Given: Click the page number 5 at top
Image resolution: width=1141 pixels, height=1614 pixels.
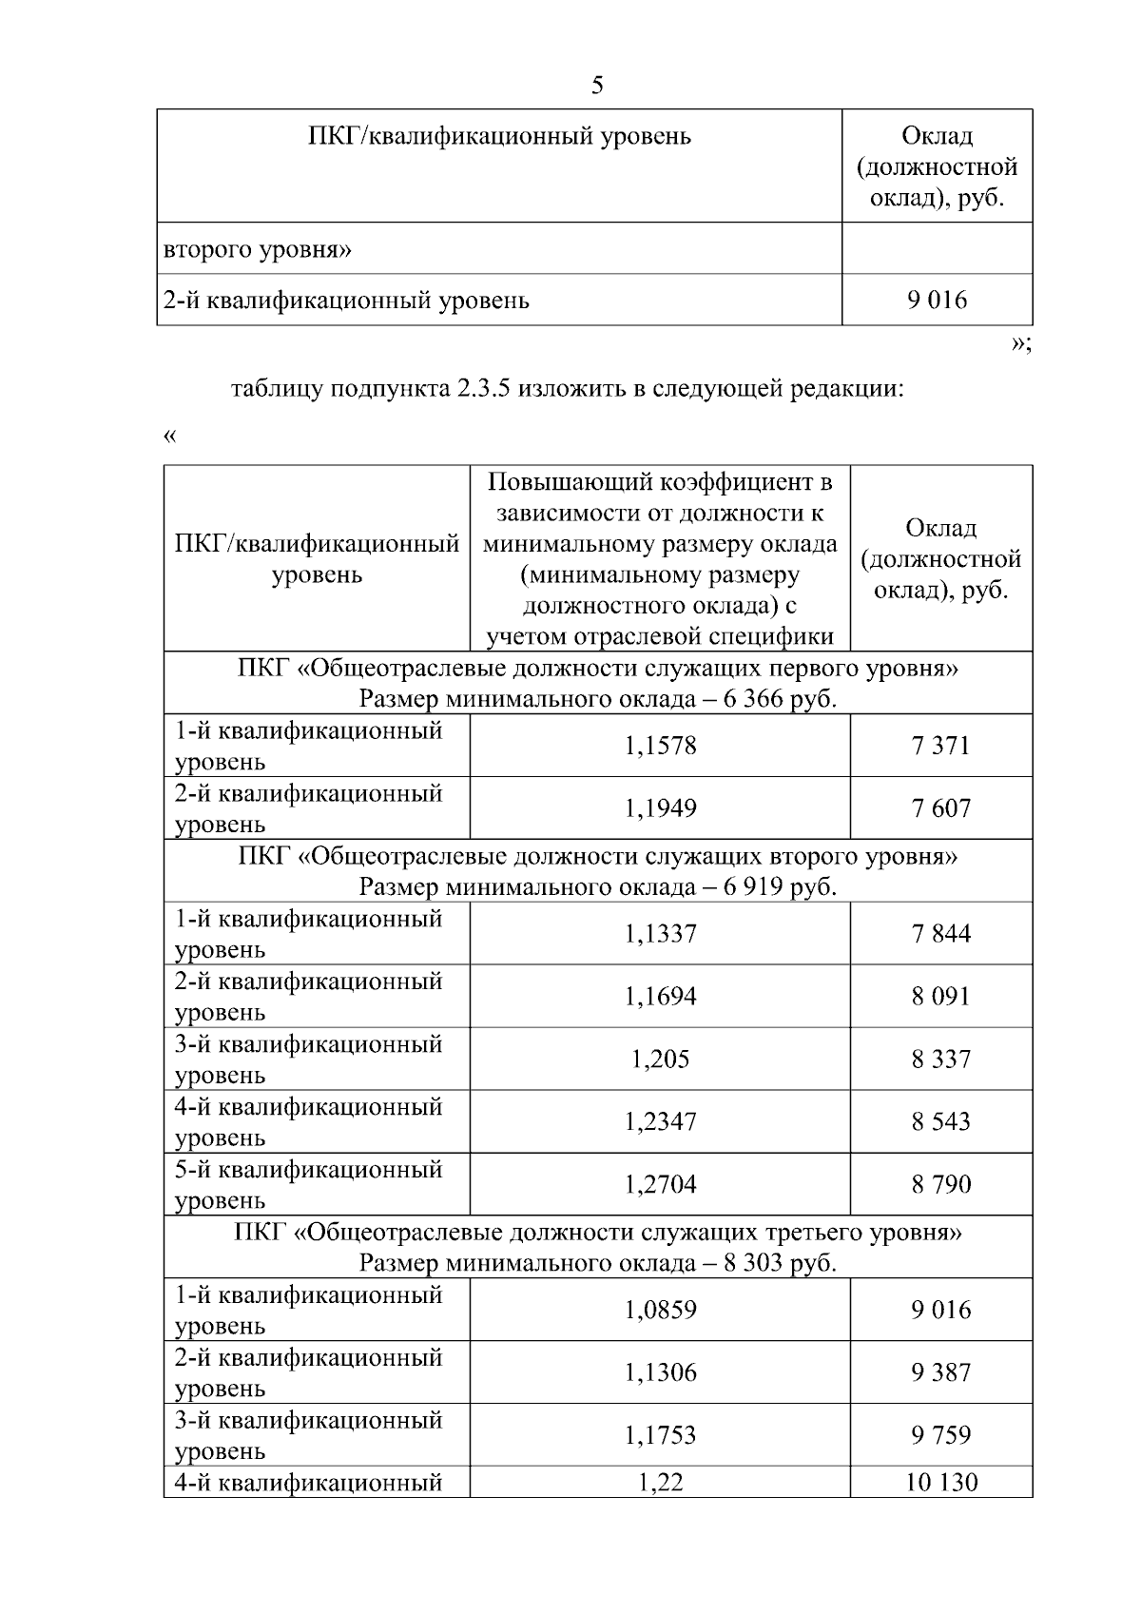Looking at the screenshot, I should (x=597, y=86).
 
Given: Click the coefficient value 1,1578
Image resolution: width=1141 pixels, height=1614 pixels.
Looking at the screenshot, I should (x=660, y=746).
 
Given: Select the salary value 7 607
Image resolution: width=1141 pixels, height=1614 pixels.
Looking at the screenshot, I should (x=940, y=808).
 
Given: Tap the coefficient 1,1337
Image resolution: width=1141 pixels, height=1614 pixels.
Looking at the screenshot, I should (x=660, y=934).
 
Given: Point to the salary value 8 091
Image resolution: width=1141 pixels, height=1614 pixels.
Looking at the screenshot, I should (x=940, y=997).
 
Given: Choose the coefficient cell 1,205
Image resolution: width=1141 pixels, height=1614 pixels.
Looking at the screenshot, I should (x=660, y=1060).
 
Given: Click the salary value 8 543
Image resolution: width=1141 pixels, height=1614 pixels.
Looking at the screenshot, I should (x=940, y=1122).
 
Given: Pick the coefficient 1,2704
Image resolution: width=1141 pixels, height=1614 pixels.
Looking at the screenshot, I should (x=660, y=1185).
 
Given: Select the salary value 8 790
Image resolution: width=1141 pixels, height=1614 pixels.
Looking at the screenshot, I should (x=940, y=1185).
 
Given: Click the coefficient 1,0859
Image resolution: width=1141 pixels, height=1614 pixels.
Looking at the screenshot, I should (x=660, y=1311).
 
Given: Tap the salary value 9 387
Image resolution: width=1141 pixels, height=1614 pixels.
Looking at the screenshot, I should (x=940, y=1373).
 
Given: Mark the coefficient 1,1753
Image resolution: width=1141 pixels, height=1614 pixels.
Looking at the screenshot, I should (x=660, y=1436).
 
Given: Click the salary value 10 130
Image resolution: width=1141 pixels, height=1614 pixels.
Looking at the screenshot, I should (x=940, y=1483).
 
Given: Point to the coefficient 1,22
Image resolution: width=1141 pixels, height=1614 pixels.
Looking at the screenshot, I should (x=660, y=1483).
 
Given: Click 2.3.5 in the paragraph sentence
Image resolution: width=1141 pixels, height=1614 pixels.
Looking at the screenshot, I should (x=478, y=389).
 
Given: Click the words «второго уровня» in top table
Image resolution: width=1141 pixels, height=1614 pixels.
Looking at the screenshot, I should (x=258, y=250).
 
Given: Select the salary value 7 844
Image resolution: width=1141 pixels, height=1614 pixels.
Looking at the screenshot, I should (x=940, y=934).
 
